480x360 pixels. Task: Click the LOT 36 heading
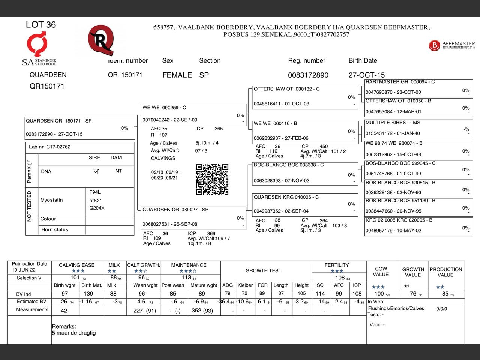pyautogui.click(x=41, y=25)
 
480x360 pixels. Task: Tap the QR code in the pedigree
pyautogui.click(x=212, y=179)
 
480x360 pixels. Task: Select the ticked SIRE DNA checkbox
pyautogui.click(x=96, y=171)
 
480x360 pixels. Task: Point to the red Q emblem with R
pyautogui.click(x=100, y=40)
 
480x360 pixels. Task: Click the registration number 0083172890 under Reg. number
pyautogui.click(x=308, y=75)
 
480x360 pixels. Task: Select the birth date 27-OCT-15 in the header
pyautogui.click(x=366, y=75)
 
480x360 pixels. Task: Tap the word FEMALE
pyautogui.click(x=177, y=75)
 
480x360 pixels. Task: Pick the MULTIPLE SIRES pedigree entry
pyautogui.click(x=418, y=128)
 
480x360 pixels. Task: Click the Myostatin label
pyautogui.click(x=52, y=200)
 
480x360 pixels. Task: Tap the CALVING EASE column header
pyautogui.click(x=77, y=265)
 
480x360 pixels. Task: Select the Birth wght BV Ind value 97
pyautogui.click(x=65, y=294)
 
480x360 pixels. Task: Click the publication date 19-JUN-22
pyautogui.click(x=24, y=270)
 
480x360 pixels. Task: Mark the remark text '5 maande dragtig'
pyautogui.click(x=74, y=333)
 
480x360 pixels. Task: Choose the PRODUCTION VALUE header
pyautogui.click(x=445, y=272)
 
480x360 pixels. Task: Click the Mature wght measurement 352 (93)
pyautogui.click(x=202, y=310)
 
